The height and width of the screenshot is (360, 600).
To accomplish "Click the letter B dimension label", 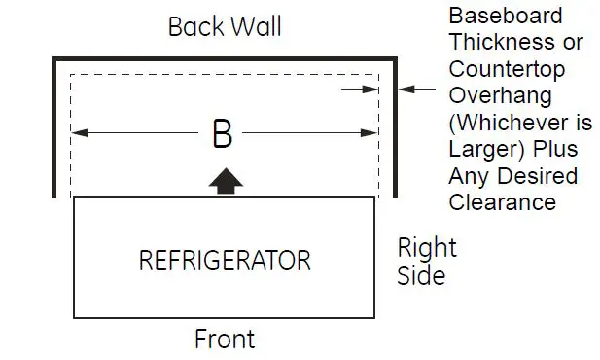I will point(222,134).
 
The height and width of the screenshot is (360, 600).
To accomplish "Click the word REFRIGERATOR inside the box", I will point(225,261).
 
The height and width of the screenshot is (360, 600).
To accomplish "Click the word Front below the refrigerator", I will point(225,339).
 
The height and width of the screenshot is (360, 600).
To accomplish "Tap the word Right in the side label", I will point(427,248).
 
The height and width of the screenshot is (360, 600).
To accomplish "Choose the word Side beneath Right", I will point(421,275).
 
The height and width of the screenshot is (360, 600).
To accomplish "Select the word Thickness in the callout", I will point(502,43).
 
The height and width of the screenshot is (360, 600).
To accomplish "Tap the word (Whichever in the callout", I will point(502,123).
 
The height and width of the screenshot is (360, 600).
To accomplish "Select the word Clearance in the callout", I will point(502,202).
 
